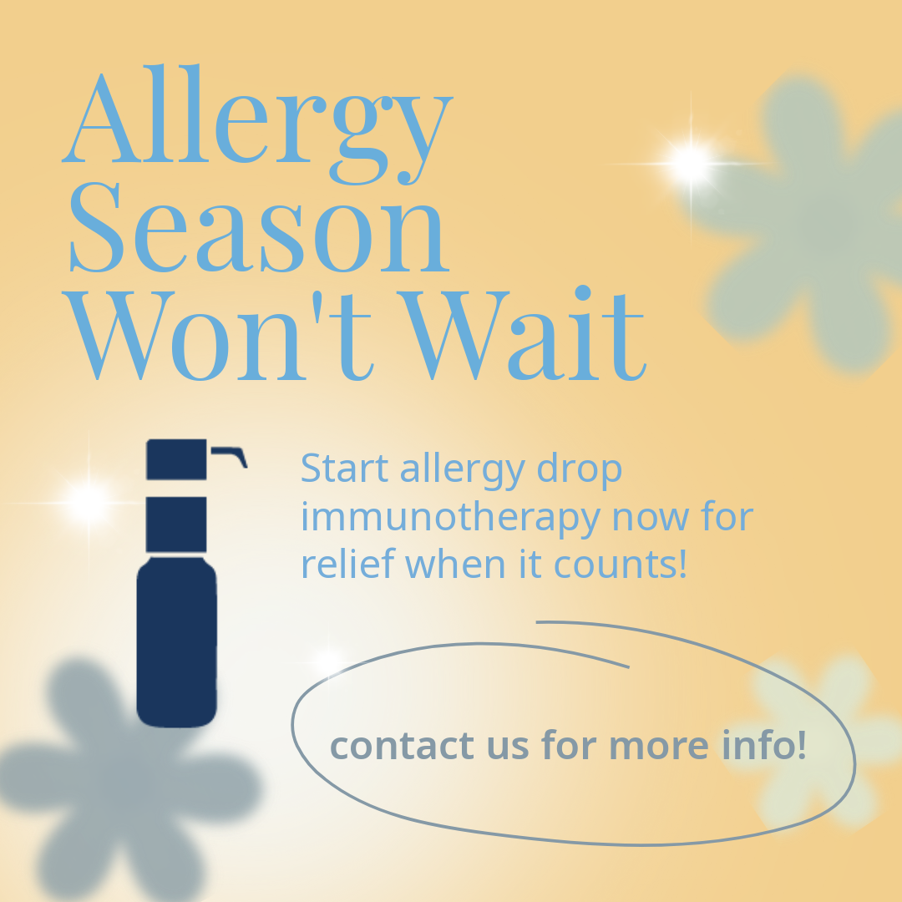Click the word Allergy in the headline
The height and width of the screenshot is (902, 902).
coord(258,124)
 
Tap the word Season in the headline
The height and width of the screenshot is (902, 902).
coord(259,227)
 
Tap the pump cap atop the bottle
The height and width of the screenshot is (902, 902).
coord(176,459)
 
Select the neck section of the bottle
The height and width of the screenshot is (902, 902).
coord(176,524)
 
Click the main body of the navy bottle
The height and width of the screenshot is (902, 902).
coord(176,642)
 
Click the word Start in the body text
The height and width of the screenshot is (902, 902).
coord(344,469)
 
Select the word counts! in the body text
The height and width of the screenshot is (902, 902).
coord(620,565)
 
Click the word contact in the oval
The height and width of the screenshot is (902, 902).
coord(402,745)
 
